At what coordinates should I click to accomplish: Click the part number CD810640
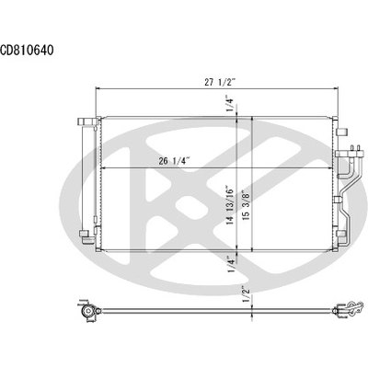[27, 51]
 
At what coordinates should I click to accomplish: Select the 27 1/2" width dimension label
[221, 82]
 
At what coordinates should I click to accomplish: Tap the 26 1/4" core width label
[173, 162]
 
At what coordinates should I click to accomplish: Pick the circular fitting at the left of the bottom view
[87, 312]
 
